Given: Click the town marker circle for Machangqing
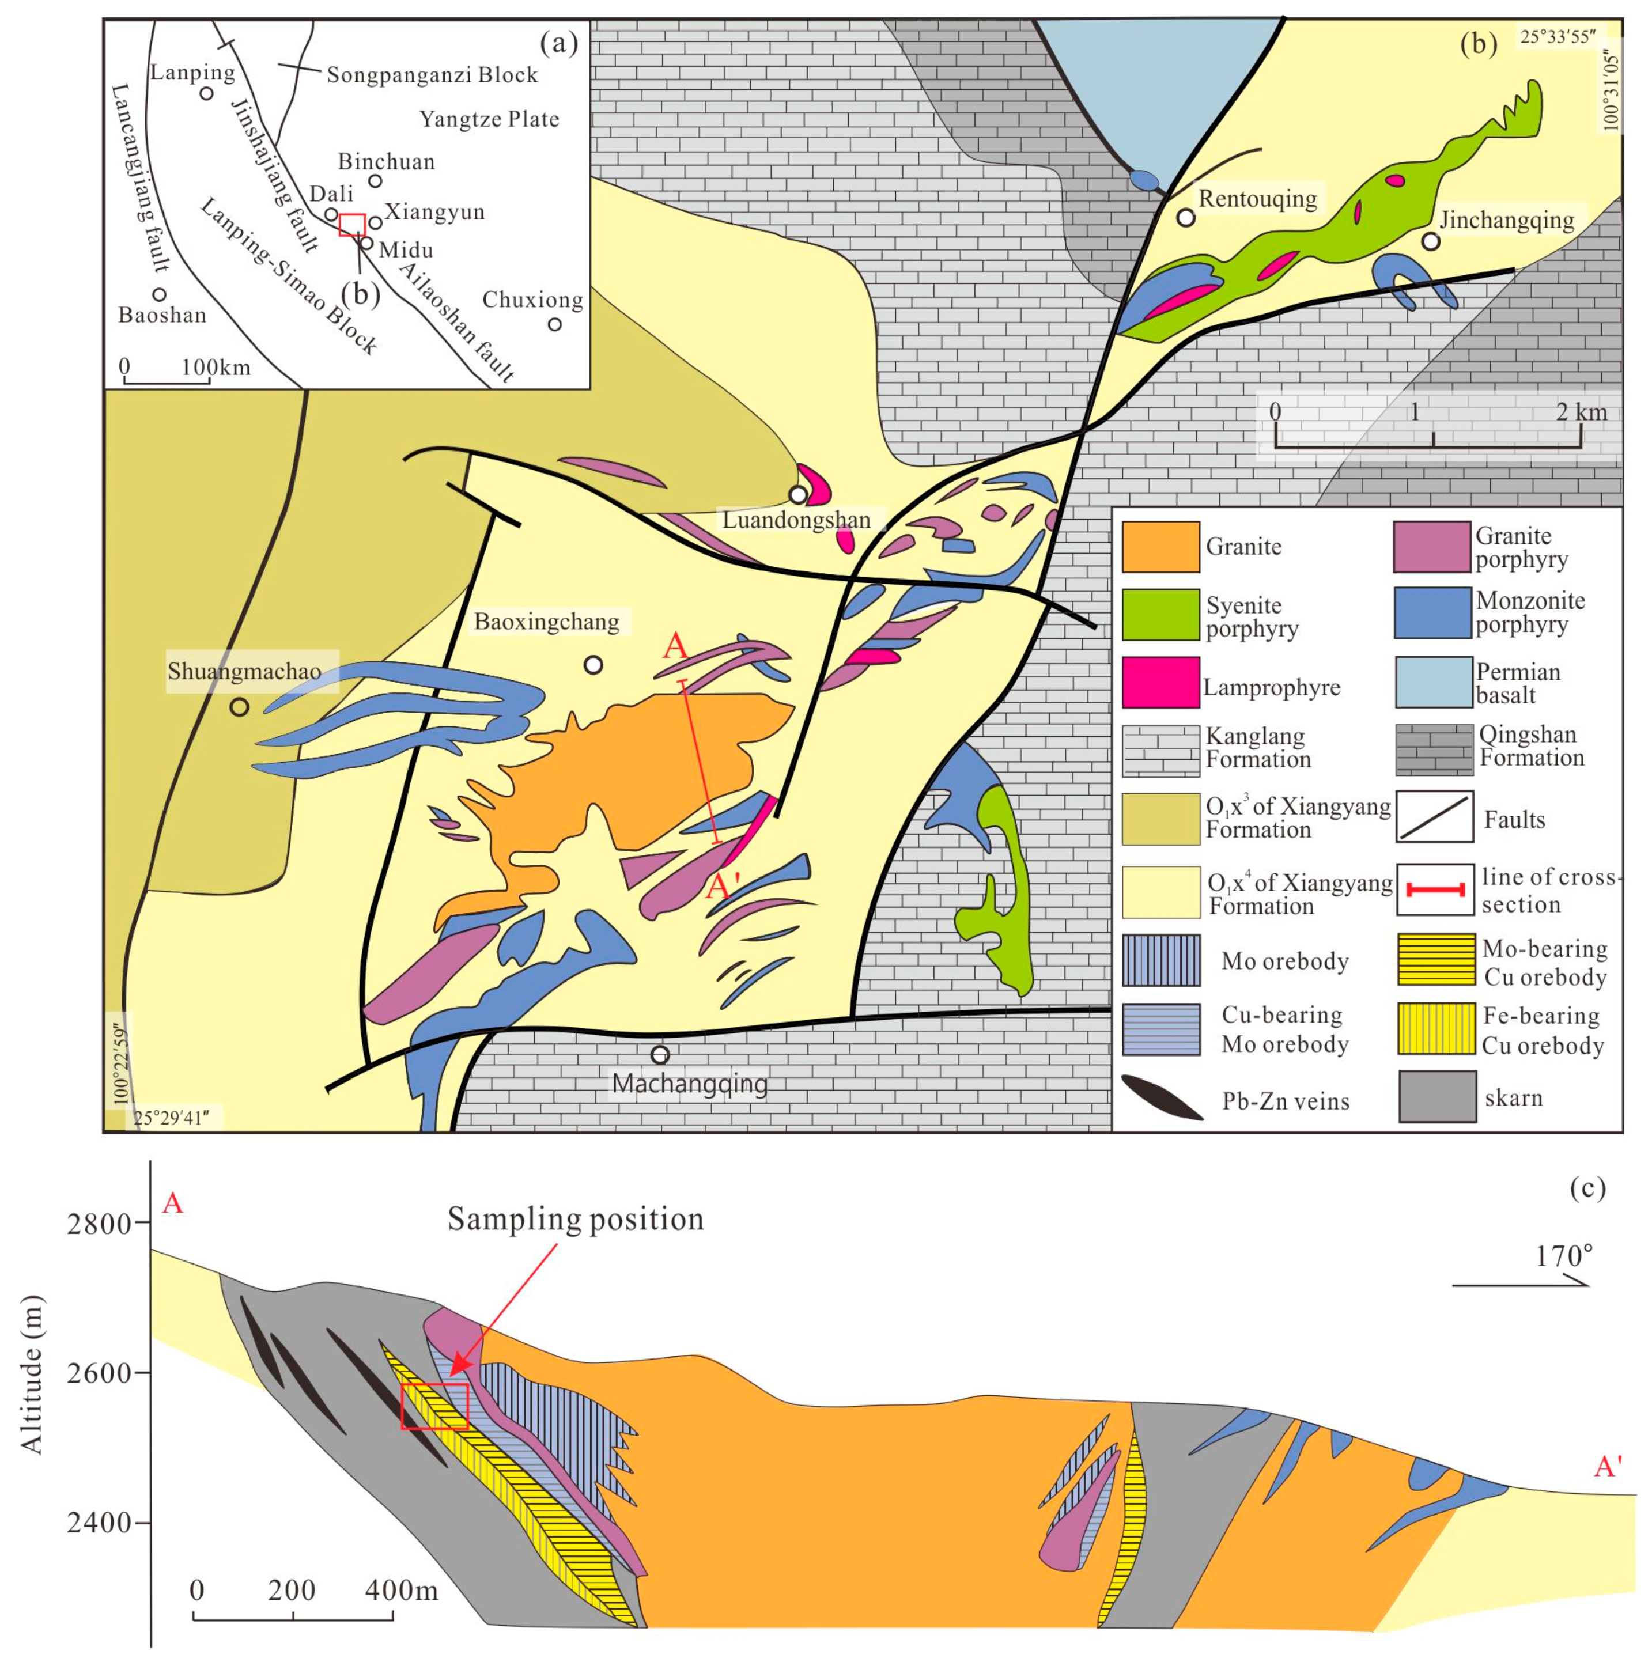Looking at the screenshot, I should (660, 1055).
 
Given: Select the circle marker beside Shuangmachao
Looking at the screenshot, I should (239, 707).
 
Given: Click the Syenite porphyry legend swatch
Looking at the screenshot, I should (1160, 614).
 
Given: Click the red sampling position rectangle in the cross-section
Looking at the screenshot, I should (434, 1406).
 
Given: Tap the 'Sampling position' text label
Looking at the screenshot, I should (574, 1219).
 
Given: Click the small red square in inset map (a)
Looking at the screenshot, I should (352, 225).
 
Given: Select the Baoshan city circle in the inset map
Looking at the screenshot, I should (159, 295).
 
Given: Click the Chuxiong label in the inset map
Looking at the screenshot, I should (532, 300).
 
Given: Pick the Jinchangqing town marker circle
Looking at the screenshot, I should (1431, 242).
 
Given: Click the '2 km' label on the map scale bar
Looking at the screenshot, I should (1582, 412).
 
